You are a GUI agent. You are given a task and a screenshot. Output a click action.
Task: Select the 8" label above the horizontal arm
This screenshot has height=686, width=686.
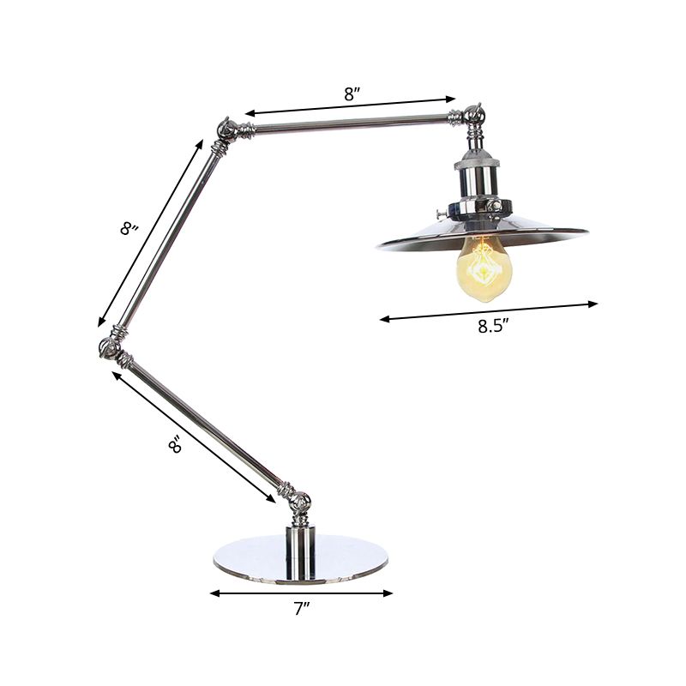coord(350,95)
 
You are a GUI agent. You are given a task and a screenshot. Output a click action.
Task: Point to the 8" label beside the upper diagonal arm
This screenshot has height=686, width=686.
coord(129,229)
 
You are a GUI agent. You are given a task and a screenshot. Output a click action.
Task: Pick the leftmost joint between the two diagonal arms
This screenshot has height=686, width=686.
coord(109,347)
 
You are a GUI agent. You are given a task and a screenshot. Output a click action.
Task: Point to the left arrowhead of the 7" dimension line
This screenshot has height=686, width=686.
coord(214,593)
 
